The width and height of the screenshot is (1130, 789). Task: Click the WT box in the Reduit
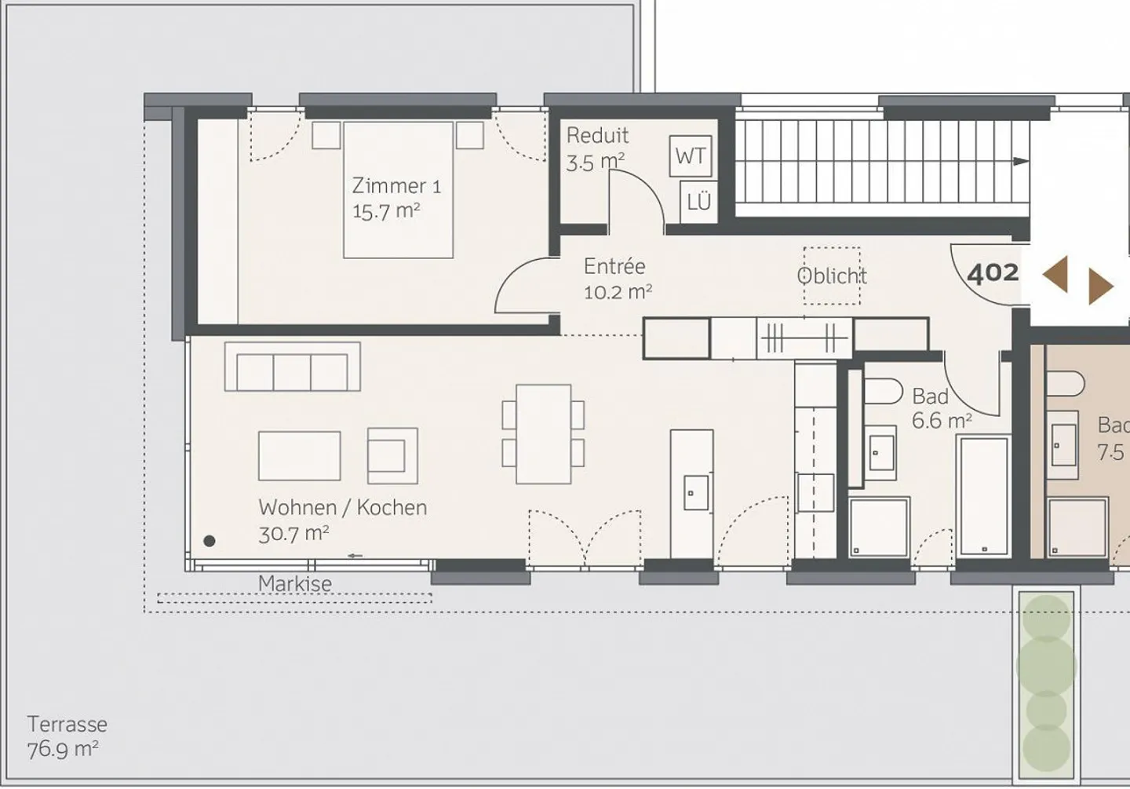(x=691, y=156)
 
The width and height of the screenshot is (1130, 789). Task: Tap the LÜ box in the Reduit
(x=698, y=202)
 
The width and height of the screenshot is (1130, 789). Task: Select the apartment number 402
(x=993, y=273)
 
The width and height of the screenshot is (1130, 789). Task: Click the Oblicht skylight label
(x=832, y=276)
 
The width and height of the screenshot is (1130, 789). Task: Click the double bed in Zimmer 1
(x=398, y=190)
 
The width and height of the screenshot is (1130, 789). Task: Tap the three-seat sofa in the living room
(x=292, y=367)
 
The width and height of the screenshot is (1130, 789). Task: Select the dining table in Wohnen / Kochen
(x=543, y=434)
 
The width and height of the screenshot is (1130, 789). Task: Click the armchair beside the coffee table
(x=392, y=455)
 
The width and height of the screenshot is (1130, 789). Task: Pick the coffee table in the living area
(x=299, y=455)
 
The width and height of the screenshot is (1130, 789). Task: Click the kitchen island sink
(x=695, y=492)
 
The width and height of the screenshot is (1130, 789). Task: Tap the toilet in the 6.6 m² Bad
(x=884, y=391)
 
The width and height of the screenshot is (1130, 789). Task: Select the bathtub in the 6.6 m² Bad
(x=983, y=495)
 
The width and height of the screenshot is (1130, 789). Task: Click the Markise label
(x=295, y=583)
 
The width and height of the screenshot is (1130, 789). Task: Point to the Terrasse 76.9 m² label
(x=67, y=736)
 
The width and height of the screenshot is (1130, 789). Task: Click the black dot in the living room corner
(x=210, y=541)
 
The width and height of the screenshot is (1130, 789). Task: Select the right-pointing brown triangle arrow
(x=1100, y=287)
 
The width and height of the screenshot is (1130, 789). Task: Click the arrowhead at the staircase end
(x=1021, y=162)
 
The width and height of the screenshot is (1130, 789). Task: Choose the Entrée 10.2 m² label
(x=617, y=279)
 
